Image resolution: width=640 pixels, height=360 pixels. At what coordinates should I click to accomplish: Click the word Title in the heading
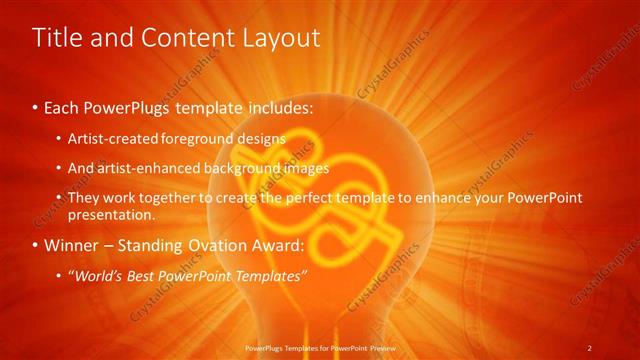55,38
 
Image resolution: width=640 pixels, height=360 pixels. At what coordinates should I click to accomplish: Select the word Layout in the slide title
276,38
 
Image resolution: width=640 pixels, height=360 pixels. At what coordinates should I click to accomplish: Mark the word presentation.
112,214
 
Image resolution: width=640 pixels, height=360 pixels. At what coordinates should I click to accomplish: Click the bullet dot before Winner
37,246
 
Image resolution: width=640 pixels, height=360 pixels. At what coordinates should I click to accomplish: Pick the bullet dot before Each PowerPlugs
37,106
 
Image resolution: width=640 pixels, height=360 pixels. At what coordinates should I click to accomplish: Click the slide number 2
591,347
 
